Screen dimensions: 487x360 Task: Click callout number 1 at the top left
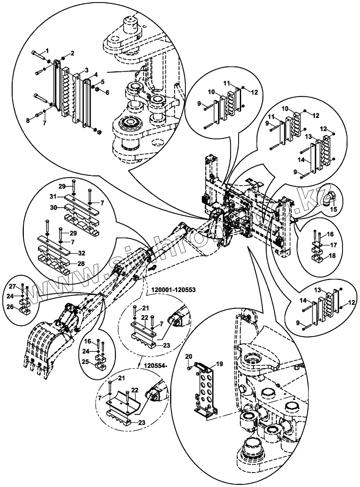click(x=48, y=51)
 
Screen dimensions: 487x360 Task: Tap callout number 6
click(x=107, y=92)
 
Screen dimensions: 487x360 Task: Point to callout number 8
click(x=29, y=120)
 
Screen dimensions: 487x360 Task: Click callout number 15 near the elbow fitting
click(x=334, y=209)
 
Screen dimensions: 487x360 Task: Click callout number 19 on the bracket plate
click(x=220, y=364)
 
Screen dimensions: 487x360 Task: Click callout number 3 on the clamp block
click(x=86, y=69)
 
